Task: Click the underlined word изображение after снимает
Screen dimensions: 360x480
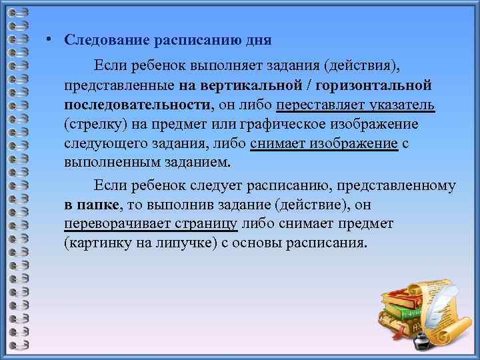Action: [361, 144]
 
